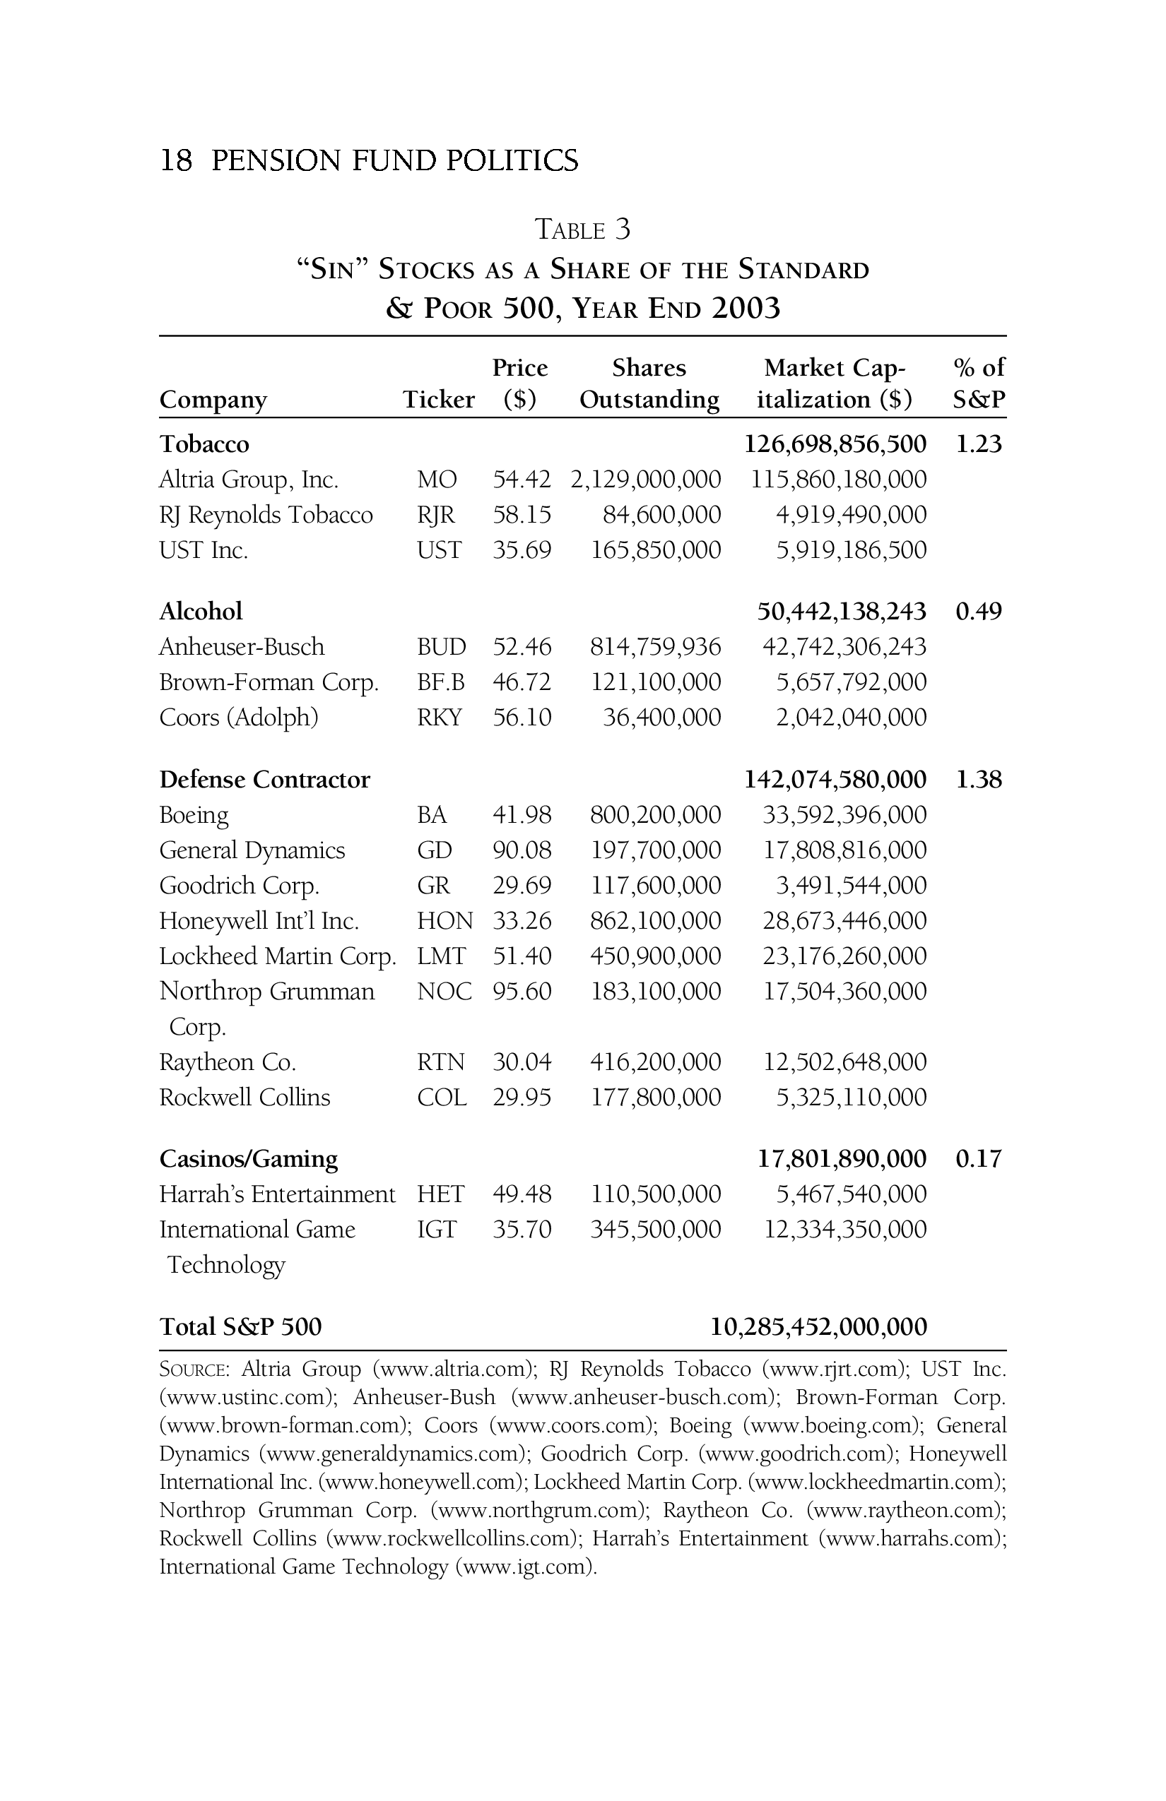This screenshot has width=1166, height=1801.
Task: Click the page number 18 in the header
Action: pyautogui.click(x=176, y=161)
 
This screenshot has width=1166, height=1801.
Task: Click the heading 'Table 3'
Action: pyautogui.click(x=582, y=230)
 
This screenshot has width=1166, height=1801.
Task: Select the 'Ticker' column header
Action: pyautogui.click(x=438, y=400)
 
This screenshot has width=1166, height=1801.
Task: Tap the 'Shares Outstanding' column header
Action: pyautogui.click(x=649, y=384)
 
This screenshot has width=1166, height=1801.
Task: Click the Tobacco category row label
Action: pyautogui.click(x=204, y=444)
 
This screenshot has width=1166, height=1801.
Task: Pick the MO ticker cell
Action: pyautogui.click(x=437, y=480)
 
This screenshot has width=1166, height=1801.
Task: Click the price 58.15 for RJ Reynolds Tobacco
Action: pyautogui.click(x=522, y=515)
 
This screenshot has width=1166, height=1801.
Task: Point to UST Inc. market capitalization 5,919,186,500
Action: pyautogui.click(x=851, y=550)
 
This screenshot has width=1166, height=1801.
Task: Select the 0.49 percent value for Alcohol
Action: pyautogui.click(x=978, y=612)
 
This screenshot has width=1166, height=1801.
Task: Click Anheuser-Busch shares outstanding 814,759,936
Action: pyautogui.click(x=655, y=647)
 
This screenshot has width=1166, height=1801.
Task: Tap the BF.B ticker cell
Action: pyautogui.click(x=441, y=682)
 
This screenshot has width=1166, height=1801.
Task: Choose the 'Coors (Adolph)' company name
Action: pyautogui.click(x=239, y=718)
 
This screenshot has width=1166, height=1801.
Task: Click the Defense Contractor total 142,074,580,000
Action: pyautogui.click(x=835, y=780)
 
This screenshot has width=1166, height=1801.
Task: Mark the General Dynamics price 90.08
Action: pyautogui.click(x=522, y=850)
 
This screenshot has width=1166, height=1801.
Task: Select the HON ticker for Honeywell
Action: pyautogui.click(x=444, y=921)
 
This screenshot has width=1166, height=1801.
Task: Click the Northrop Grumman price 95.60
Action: pyautogui.click(x=522, y=992)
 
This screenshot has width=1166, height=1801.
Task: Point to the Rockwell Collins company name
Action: pyautogui.click(x=245, y=1098)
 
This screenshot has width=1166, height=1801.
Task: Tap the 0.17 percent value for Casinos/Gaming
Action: pyautogui.click(x=978, y=1158)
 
